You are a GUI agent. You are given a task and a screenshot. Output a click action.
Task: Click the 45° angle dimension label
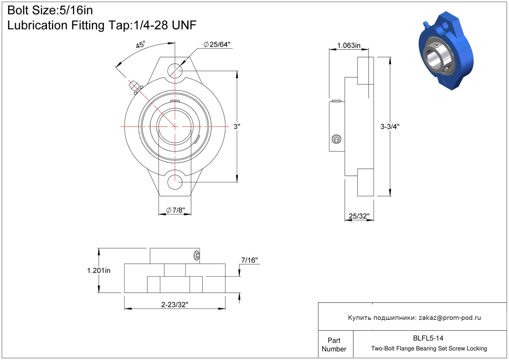tap(140, 44)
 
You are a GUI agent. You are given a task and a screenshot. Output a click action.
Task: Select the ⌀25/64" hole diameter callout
tap(217, 44)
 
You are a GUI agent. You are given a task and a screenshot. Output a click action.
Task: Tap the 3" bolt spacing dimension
tap(237, 127)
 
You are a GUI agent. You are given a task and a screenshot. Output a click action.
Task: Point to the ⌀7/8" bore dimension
tap(176, 210)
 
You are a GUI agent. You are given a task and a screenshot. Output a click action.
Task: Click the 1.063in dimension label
tap(349, 45)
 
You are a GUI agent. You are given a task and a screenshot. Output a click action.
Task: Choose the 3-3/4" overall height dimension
tap(390, 127)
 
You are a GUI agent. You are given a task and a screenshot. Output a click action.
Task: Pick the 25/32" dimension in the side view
tap(359, 216)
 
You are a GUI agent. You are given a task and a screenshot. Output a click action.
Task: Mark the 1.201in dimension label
tap(99, 270)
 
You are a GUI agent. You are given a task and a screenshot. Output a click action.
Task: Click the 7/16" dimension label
tap(249, 260)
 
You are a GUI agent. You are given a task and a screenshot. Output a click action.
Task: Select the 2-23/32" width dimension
tap(175, 305)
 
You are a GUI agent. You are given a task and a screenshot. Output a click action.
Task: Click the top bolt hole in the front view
tap(175, 71)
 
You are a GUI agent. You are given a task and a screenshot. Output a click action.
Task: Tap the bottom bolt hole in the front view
tap(175, 182)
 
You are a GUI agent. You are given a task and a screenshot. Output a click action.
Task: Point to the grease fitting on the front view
tap(135, 87)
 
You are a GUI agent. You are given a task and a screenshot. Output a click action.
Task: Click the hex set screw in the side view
tap(336, 139)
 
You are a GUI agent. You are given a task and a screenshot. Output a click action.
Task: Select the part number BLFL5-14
tap(428, 338)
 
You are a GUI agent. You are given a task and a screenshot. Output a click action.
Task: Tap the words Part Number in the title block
tap(334, 345)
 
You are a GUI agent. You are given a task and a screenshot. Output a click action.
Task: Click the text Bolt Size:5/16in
tap(50, 11)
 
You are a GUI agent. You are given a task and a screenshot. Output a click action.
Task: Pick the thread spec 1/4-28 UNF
tap(165, 25)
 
